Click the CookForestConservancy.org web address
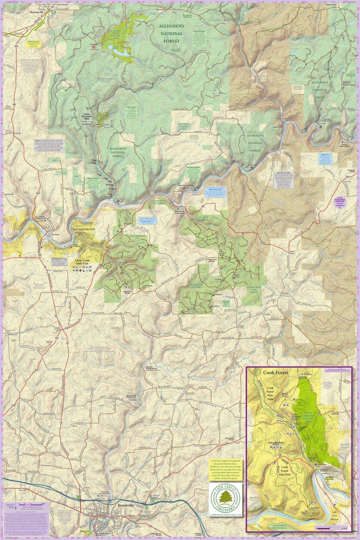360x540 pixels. (225, 515)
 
